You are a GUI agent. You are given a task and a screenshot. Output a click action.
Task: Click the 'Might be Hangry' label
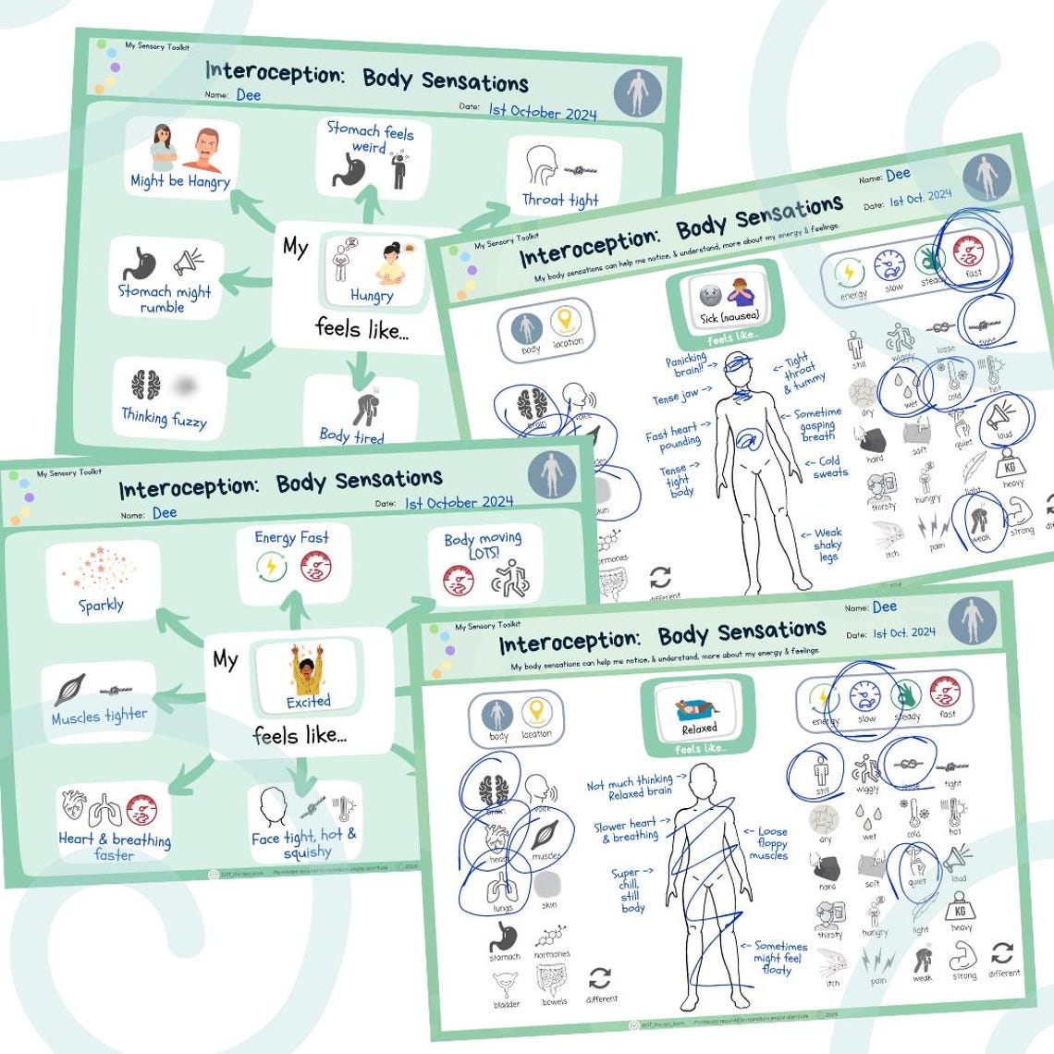coord(180,182)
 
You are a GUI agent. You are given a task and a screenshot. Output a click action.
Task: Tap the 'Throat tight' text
coord(560,200)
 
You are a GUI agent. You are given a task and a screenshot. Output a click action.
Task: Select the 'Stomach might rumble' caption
coord(164,299)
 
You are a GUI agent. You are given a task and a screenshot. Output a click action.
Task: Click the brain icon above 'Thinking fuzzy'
coord(145,385)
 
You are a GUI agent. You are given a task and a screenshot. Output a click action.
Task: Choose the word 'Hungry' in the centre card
coord(372,296)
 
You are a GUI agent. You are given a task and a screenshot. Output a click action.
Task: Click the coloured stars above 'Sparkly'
coord(99,569)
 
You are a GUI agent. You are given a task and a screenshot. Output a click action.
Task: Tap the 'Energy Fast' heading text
coord(292,537)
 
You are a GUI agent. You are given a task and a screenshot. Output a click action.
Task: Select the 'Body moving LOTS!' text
coord(483,545)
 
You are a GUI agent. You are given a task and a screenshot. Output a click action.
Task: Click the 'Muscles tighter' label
coord(99,717)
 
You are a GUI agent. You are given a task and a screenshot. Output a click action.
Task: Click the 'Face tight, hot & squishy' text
coord(304,843)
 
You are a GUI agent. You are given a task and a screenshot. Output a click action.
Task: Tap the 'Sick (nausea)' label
coord(729,317)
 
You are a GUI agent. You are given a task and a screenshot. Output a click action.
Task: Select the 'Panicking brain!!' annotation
coord(686,364)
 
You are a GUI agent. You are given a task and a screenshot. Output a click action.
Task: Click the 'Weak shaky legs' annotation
coord(827,545)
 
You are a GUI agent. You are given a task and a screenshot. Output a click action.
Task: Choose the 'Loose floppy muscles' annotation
coord(770,842)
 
